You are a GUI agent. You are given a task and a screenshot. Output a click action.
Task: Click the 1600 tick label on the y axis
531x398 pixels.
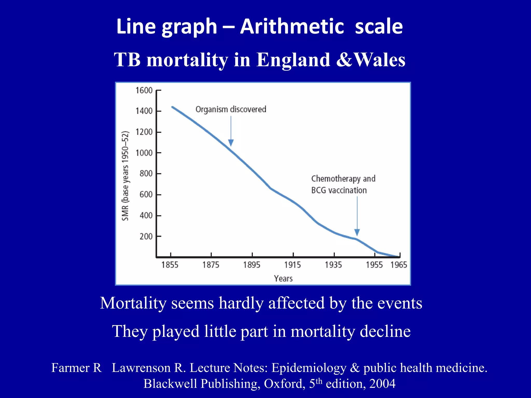tap(144, 90)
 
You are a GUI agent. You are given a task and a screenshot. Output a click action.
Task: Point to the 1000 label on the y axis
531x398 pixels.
tap(144, 153)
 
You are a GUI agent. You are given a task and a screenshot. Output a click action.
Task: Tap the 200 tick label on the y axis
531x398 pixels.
tap(146, 237)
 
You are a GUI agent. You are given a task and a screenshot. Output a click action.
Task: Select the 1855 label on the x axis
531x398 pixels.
tap(170, 265)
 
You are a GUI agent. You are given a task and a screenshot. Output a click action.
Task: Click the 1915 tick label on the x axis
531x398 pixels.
tap(292, 265)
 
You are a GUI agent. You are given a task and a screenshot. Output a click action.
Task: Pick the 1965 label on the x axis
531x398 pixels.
tap(399, 265)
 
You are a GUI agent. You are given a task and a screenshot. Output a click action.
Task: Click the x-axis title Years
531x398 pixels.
tap(283, 279)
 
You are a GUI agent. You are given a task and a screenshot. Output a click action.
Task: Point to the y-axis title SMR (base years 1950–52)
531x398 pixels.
tap(125, 176)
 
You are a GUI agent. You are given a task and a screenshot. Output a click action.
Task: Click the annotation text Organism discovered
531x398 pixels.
tap(231, 109)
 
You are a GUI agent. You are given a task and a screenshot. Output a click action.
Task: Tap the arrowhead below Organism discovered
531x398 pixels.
tap(231, 143)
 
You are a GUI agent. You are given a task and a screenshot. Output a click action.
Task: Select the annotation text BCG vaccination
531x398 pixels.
tap(339, 190)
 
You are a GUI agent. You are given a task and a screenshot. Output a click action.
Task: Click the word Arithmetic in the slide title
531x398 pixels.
tap(292, 26)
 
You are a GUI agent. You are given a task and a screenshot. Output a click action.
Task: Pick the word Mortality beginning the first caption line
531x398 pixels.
tap(133, 303)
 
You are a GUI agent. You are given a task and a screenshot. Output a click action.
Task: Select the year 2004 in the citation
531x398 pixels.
tap(382, 383)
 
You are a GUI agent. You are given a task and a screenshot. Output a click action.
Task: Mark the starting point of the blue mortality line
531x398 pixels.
tap(172, 107)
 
